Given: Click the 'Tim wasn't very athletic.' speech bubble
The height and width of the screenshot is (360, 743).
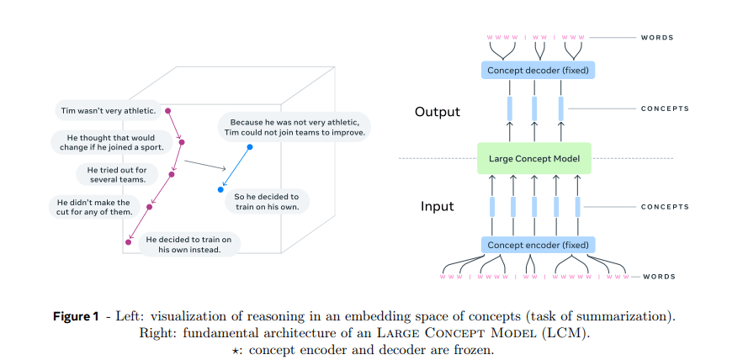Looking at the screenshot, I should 106,110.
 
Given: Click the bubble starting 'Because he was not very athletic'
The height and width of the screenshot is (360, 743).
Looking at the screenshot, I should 295,126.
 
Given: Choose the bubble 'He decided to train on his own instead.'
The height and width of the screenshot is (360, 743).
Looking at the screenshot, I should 188,244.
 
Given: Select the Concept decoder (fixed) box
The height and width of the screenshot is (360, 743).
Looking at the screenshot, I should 539,71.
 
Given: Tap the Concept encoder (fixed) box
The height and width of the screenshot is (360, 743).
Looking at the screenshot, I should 539,245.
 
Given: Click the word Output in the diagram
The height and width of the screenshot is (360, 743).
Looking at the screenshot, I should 437,111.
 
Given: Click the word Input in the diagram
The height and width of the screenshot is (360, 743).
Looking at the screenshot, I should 437,206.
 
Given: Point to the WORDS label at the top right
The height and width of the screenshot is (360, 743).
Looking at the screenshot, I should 657,38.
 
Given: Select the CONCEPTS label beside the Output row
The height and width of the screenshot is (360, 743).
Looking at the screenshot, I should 665,109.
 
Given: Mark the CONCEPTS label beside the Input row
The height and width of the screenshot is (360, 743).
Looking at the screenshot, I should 665,206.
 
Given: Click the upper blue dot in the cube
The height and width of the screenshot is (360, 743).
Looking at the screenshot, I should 249,146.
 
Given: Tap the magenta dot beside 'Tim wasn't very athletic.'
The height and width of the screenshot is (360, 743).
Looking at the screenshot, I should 167,110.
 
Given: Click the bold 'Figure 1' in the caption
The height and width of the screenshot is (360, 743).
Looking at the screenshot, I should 88,316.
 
